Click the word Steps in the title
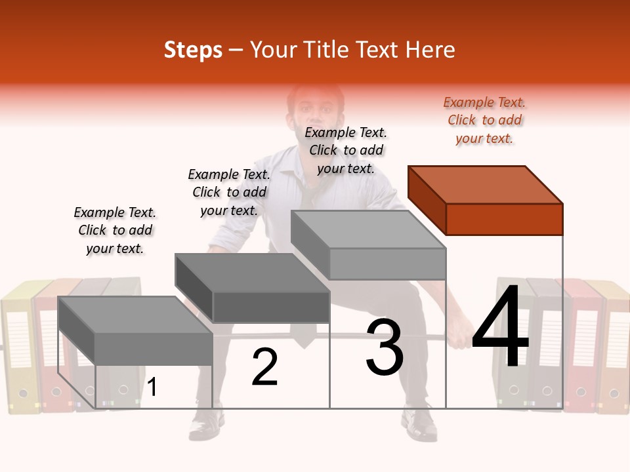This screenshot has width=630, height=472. coord(193,50)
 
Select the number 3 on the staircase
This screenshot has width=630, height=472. coord(385,347)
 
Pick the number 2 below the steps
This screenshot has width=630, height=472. coord(265,367)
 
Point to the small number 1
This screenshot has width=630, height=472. coord(152,387)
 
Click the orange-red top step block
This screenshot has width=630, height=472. coord(486,200)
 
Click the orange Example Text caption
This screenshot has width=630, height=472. coord(484,120)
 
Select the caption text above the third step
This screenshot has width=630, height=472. coord(346,150)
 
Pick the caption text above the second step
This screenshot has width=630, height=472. coord(229,192)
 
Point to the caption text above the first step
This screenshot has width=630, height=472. coord(115,230)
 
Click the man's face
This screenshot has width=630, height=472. coord(316,111)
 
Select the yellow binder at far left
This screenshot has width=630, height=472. coord(18,347)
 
